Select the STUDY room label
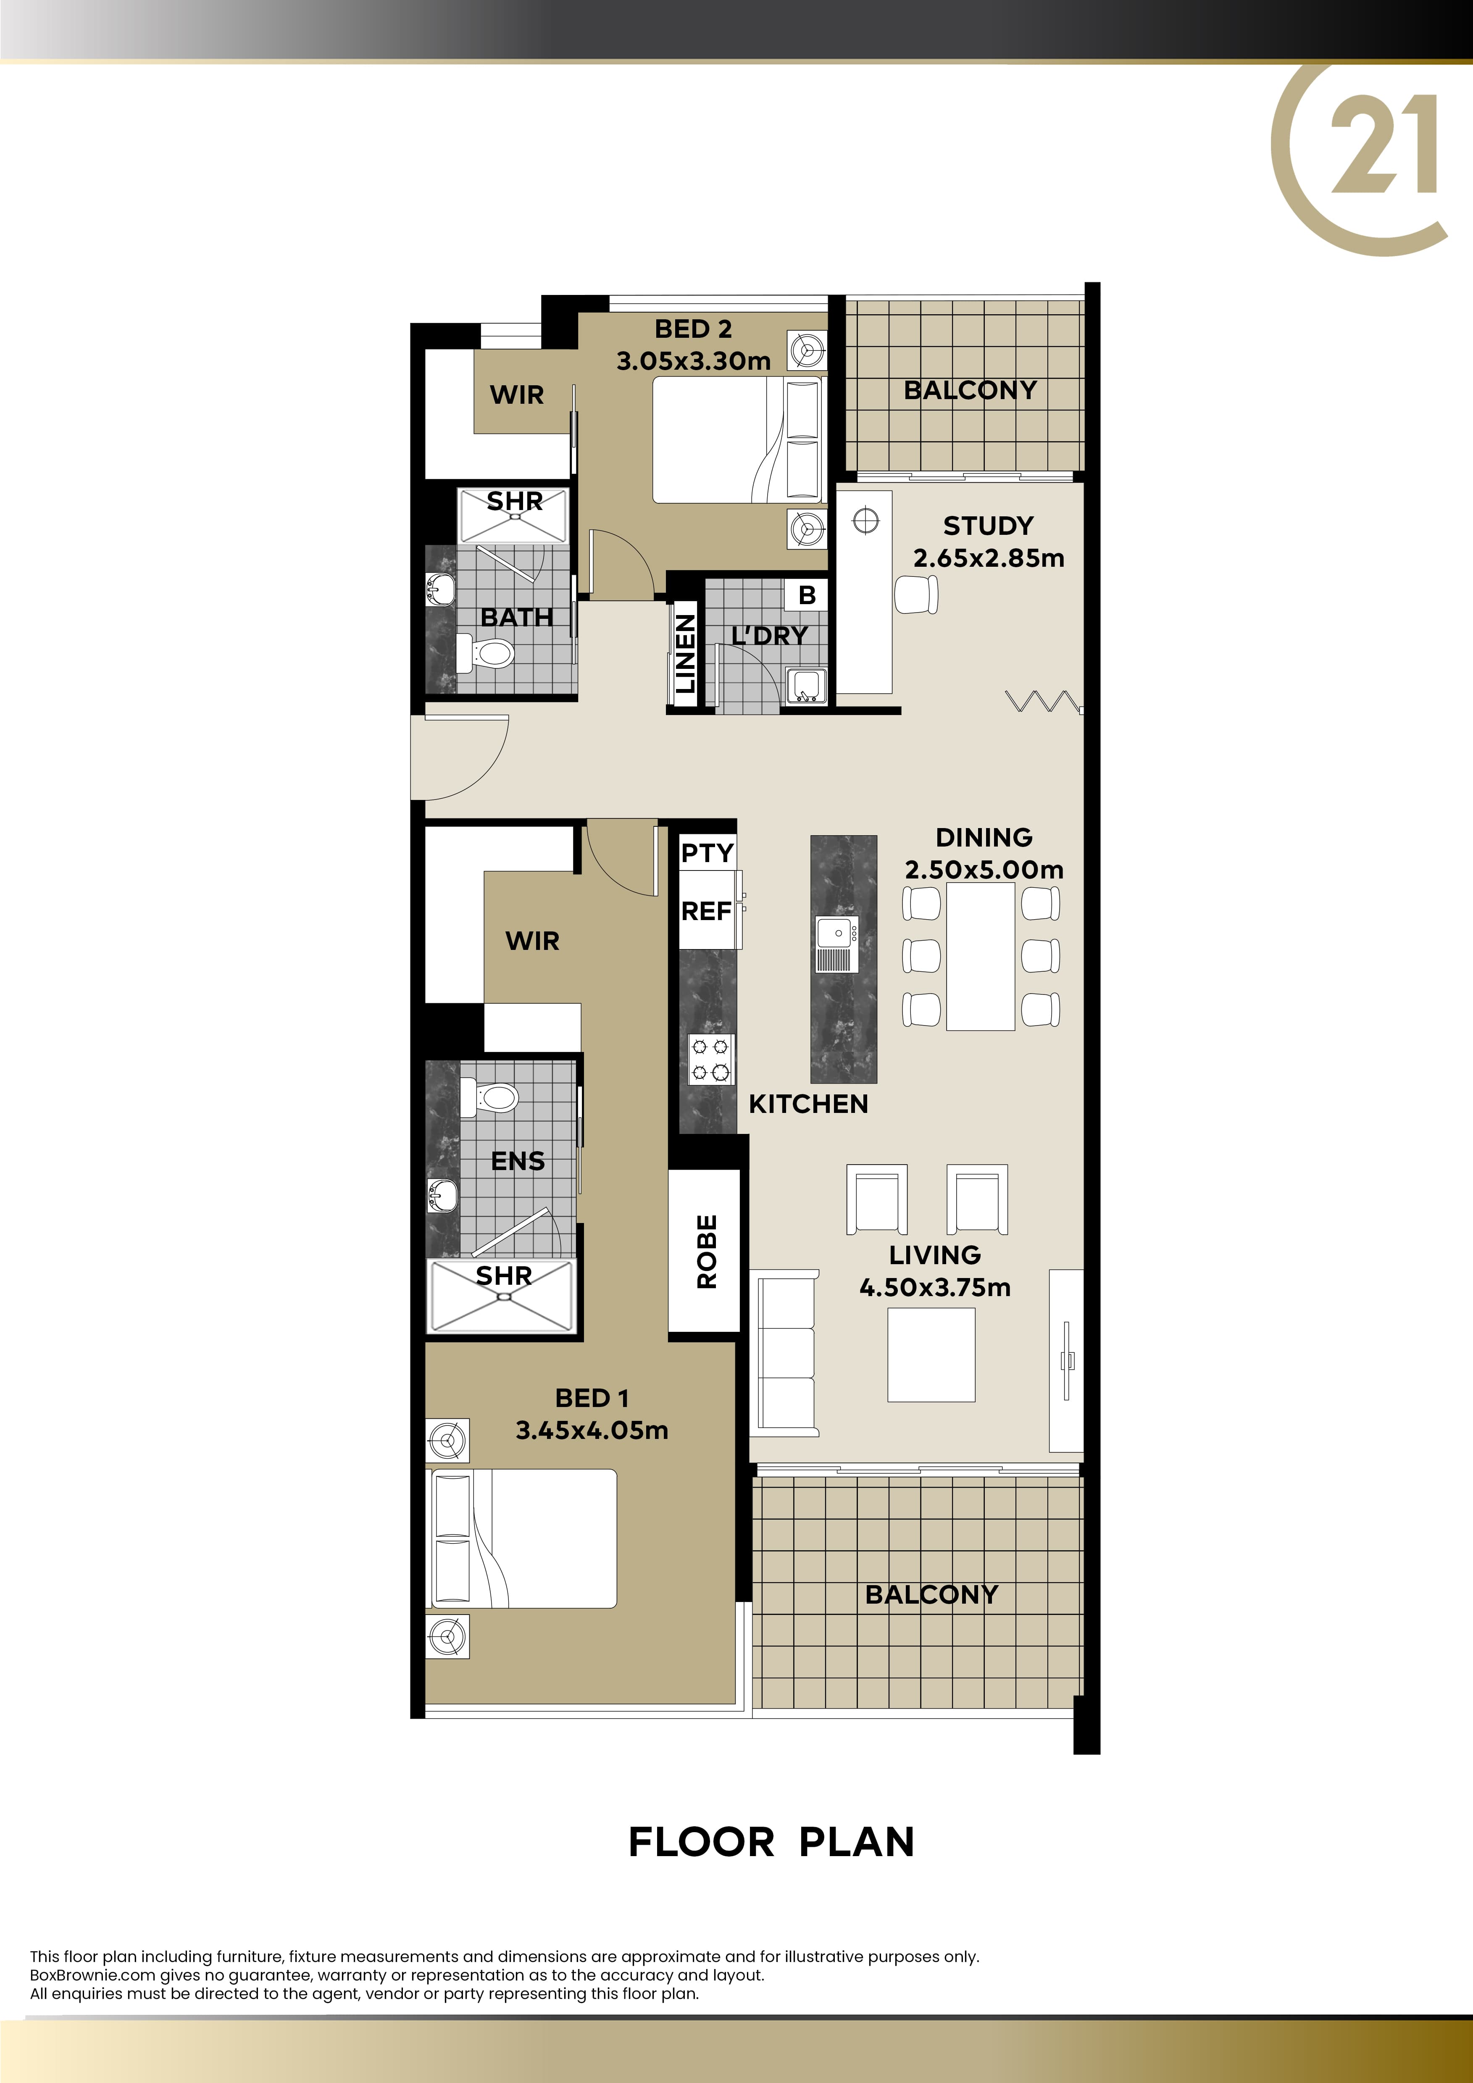(988, 526)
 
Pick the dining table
(981, 956)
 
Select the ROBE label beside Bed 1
(707, 1252)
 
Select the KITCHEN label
(808, 1104)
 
